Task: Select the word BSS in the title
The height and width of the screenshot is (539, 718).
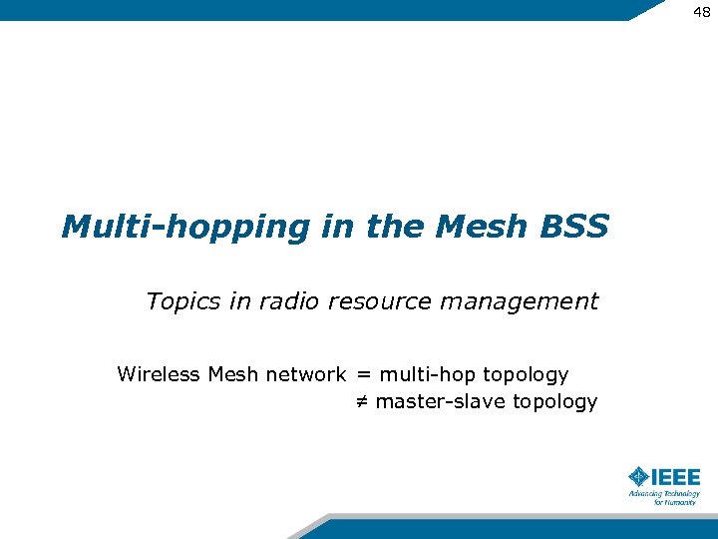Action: pos(575,227)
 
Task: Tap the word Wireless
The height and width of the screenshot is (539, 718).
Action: pos(159,374)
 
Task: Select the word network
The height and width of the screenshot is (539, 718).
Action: pos(305,374)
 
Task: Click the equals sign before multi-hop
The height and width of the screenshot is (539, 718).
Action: pos(363,375)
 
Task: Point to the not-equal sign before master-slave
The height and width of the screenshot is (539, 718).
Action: pos(363,402)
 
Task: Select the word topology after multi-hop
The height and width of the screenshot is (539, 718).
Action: pos(526,375)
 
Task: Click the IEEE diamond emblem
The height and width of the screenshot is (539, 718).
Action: pos(639,476)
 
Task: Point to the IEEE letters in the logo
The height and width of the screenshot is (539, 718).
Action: pos(676,476)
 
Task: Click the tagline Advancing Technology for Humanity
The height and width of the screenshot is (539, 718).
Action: pos(664,498)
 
